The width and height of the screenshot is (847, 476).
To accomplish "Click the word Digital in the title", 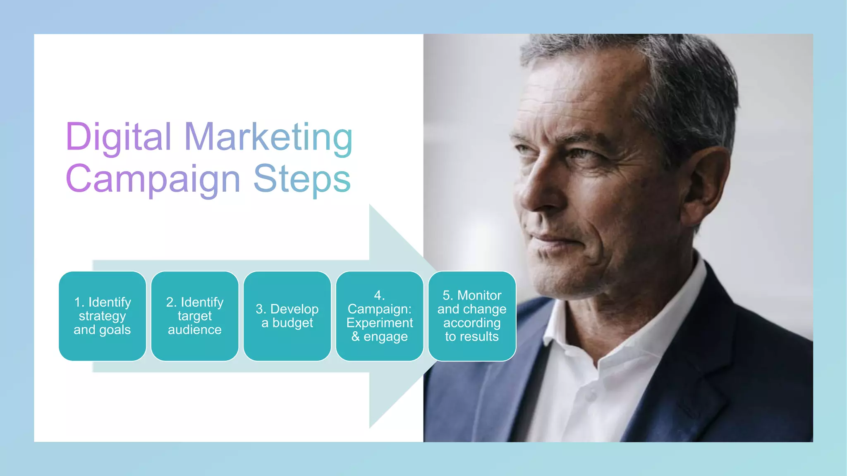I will (118, 137).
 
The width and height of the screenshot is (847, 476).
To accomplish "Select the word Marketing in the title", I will (268, 137).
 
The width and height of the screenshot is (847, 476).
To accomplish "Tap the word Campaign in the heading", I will (153, 179).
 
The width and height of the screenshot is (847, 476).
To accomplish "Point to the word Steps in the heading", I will (302, 179).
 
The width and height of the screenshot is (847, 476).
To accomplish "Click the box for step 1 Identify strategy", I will (103, 316).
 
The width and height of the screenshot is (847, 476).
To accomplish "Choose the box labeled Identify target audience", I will (195, 316).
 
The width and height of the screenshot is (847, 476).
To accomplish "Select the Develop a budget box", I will (287, 316).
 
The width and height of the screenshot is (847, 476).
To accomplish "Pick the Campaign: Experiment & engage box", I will (380, 316).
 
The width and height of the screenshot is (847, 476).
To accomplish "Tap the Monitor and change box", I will (472, 316).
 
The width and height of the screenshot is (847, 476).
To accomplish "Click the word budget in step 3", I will (293, 323).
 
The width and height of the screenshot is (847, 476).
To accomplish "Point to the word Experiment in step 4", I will (380, 323).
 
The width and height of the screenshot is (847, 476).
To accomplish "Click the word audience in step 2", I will (195, 330).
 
